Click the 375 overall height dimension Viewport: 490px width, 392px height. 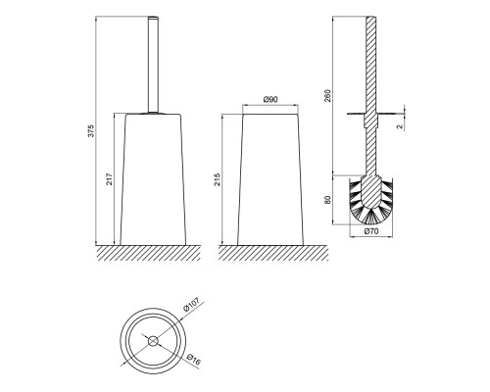point(92,130)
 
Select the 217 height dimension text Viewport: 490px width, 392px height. point(110,179)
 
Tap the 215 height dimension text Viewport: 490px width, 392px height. point(218,179)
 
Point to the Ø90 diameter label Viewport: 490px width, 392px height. point(270,99)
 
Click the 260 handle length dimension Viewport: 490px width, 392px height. point(327,95)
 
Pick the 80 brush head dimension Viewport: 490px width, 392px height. point(327,200)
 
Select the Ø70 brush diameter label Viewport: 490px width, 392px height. point(371,231)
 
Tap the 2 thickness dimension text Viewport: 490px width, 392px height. point(401,126)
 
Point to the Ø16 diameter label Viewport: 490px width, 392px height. point(194,360)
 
